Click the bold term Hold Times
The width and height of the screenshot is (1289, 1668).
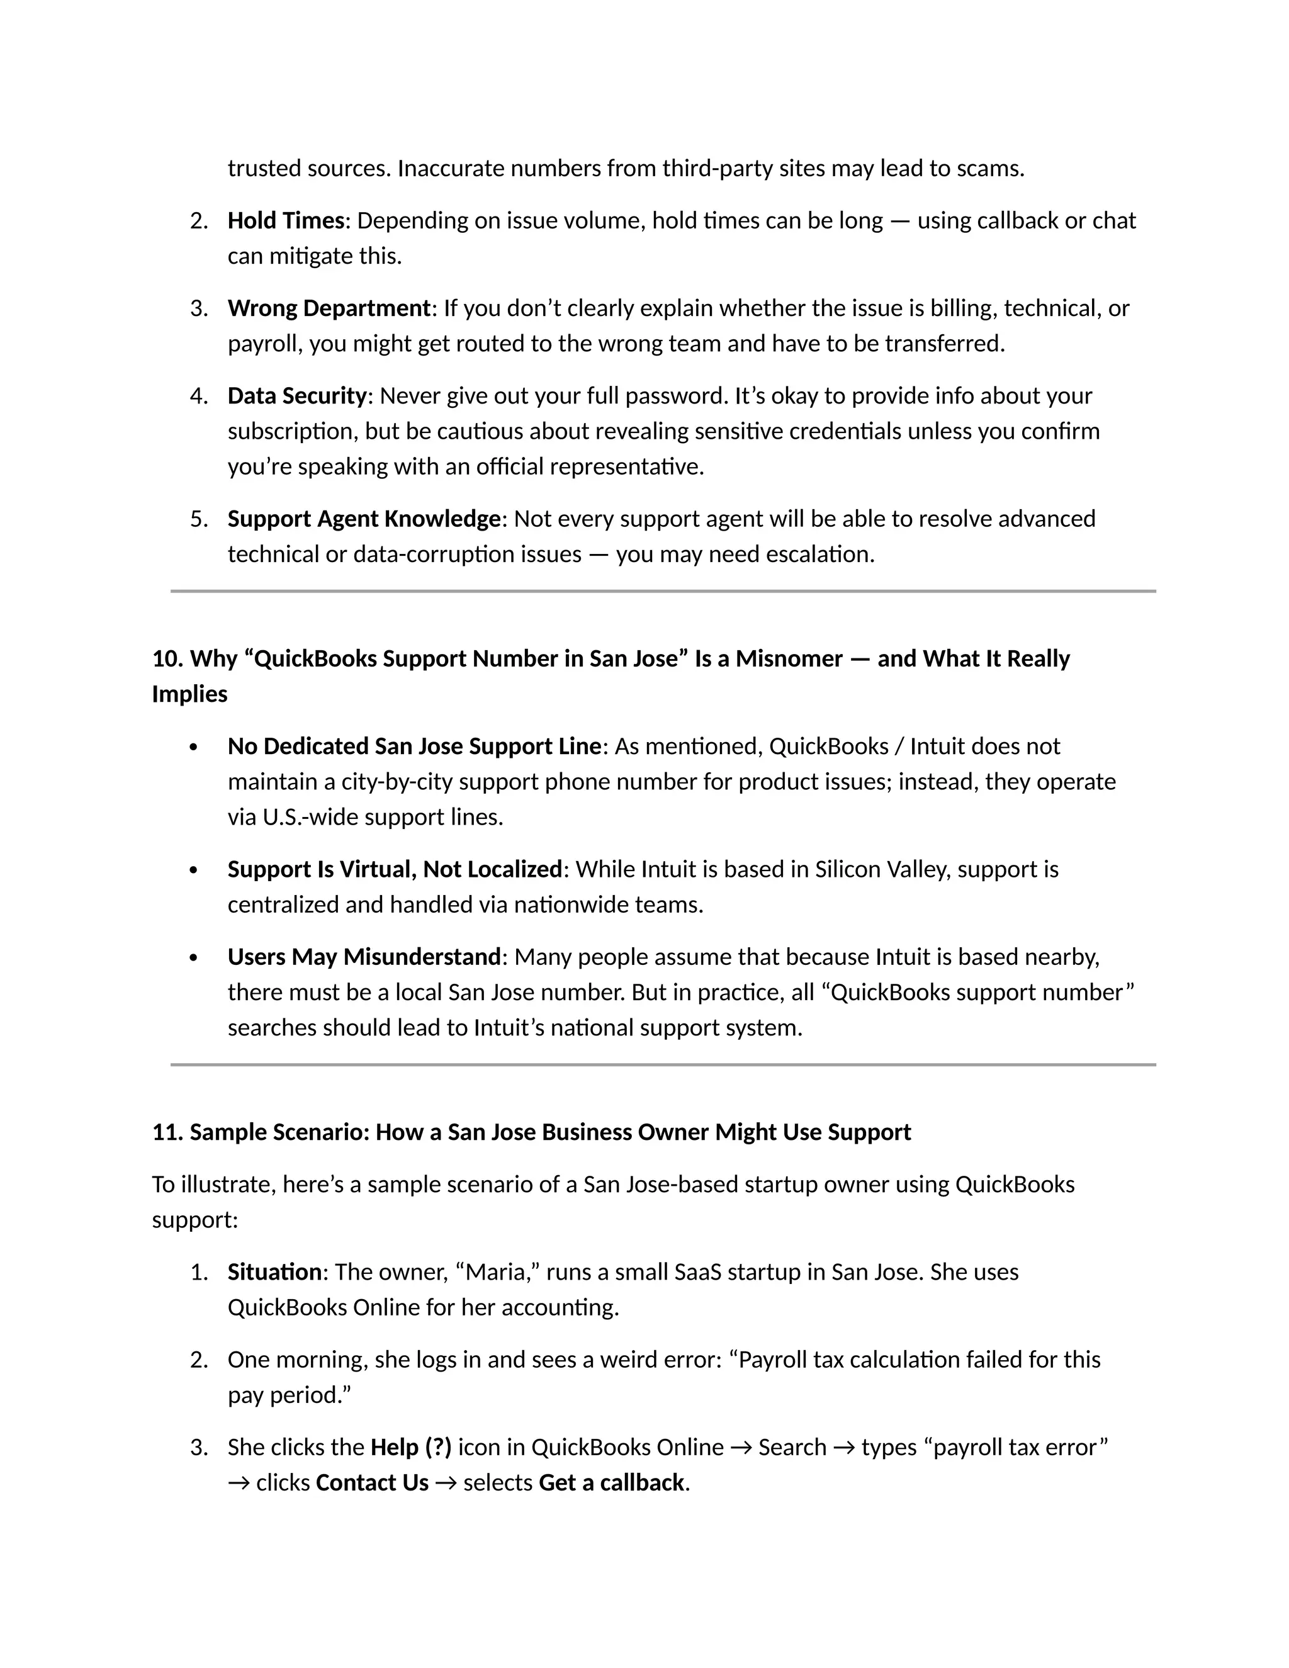click(x=286, y=221)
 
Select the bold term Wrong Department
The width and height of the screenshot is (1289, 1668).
click(x=329, y=308)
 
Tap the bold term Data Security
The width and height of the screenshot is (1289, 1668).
click(x=297, y=397)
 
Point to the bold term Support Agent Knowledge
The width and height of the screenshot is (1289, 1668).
click(x=364, y=519)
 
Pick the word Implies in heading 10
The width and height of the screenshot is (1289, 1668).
click(x=189, y=694)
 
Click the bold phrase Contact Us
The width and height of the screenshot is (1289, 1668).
click(x=372, y=1483)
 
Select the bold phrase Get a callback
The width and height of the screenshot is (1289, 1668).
click(x=611, y=1483)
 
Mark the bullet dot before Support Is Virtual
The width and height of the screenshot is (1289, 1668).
click(x=193, y=871)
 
